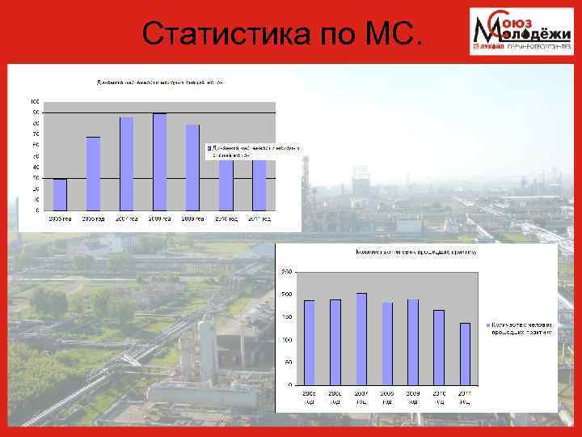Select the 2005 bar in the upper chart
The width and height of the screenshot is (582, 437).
pyautogui.click(x=60, y=194)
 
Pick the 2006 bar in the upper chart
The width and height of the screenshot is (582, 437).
pyautogui.click(x=93, y=173)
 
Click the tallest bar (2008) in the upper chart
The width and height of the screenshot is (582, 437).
pyautogui.click(x=159, y=162)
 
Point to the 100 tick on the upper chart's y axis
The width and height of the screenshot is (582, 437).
pyautogui.click(x=35, y=101)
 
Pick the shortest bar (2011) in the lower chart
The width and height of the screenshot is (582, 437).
pyautogui.click(x=465, y=354)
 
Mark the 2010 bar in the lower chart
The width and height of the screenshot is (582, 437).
pyautogui.click(x=439, y=347)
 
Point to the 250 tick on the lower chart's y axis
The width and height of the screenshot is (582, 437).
pyautogui.click(x=287, y=272)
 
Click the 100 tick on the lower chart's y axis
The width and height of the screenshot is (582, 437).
pyautogui.click(x=287, y=340)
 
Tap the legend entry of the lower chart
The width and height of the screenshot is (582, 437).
pyautogui.click(x=519, y=328)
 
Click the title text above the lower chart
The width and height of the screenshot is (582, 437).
pyautogui.click(x=416, y=252)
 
